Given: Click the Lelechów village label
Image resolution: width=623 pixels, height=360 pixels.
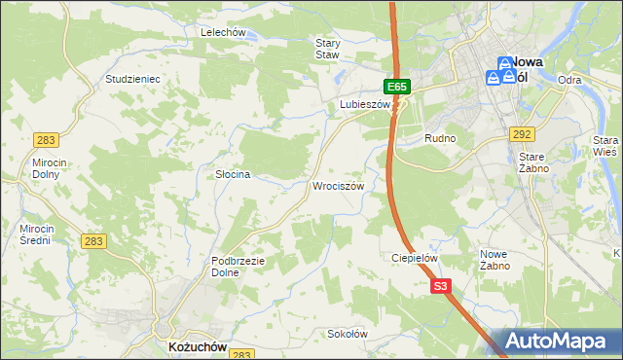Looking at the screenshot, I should [222, 32].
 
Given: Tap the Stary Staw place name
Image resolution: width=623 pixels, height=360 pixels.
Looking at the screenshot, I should [327, 49].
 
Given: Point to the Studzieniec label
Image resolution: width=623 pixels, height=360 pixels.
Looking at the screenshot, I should [132, 78].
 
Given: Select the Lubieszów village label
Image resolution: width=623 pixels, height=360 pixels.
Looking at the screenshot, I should [364, 104].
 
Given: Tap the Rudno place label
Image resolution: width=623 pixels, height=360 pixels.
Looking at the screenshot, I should [440, 139].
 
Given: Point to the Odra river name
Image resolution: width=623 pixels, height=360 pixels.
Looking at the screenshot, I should [570, 80].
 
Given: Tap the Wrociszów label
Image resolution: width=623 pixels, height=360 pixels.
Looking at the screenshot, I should [339, 186].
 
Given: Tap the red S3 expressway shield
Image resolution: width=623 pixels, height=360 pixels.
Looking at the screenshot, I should [441, 286].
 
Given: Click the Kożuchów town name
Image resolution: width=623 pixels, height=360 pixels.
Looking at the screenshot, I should [195, 346].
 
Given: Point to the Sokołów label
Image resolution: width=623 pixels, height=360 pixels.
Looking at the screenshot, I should [347, 334].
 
